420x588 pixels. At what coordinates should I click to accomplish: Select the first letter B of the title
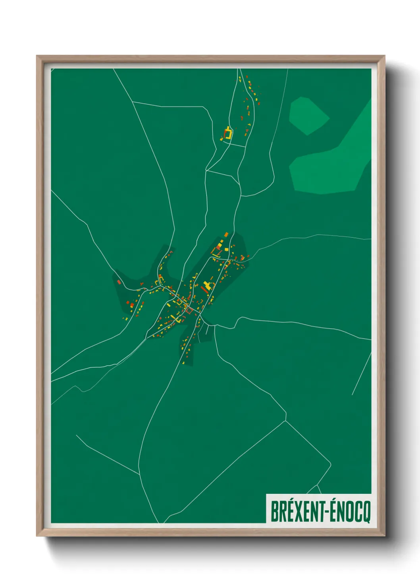(x=274, y=512)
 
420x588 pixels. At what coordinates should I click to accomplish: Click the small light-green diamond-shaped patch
(x=308, y=115)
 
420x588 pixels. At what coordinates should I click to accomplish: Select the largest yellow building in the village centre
(x=207, y=285)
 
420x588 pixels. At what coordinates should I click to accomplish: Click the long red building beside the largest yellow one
(x=203, y=289)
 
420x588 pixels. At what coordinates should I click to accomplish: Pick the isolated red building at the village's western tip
(x=119, y=282)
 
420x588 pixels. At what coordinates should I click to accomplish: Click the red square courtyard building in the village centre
(x=189, y=310)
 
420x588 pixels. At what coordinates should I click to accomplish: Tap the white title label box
(x=318, y=508)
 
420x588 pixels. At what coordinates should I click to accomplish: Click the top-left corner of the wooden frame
(x=38, y=57)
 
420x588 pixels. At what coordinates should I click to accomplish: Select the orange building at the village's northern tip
(x=226, y=234)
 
